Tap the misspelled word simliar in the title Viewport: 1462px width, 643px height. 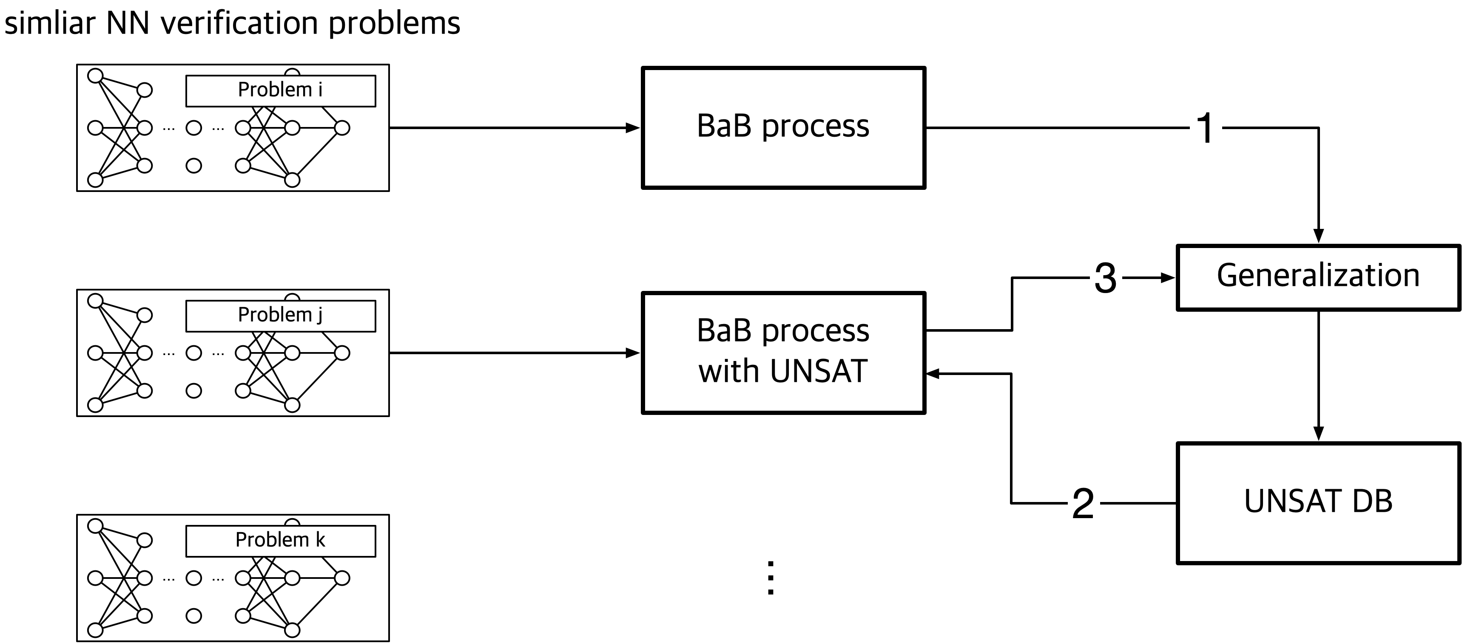coord(49,23)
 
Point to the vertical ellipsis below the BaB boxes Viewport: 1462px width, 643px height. coord(770,578)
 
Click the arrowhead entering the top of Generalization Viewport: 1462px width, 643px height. coord(1318,236)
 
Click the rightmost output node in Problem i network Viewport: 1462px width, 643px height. coord(342,127)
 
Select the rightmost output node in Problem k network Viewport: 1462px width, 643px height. coord(342,578)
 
